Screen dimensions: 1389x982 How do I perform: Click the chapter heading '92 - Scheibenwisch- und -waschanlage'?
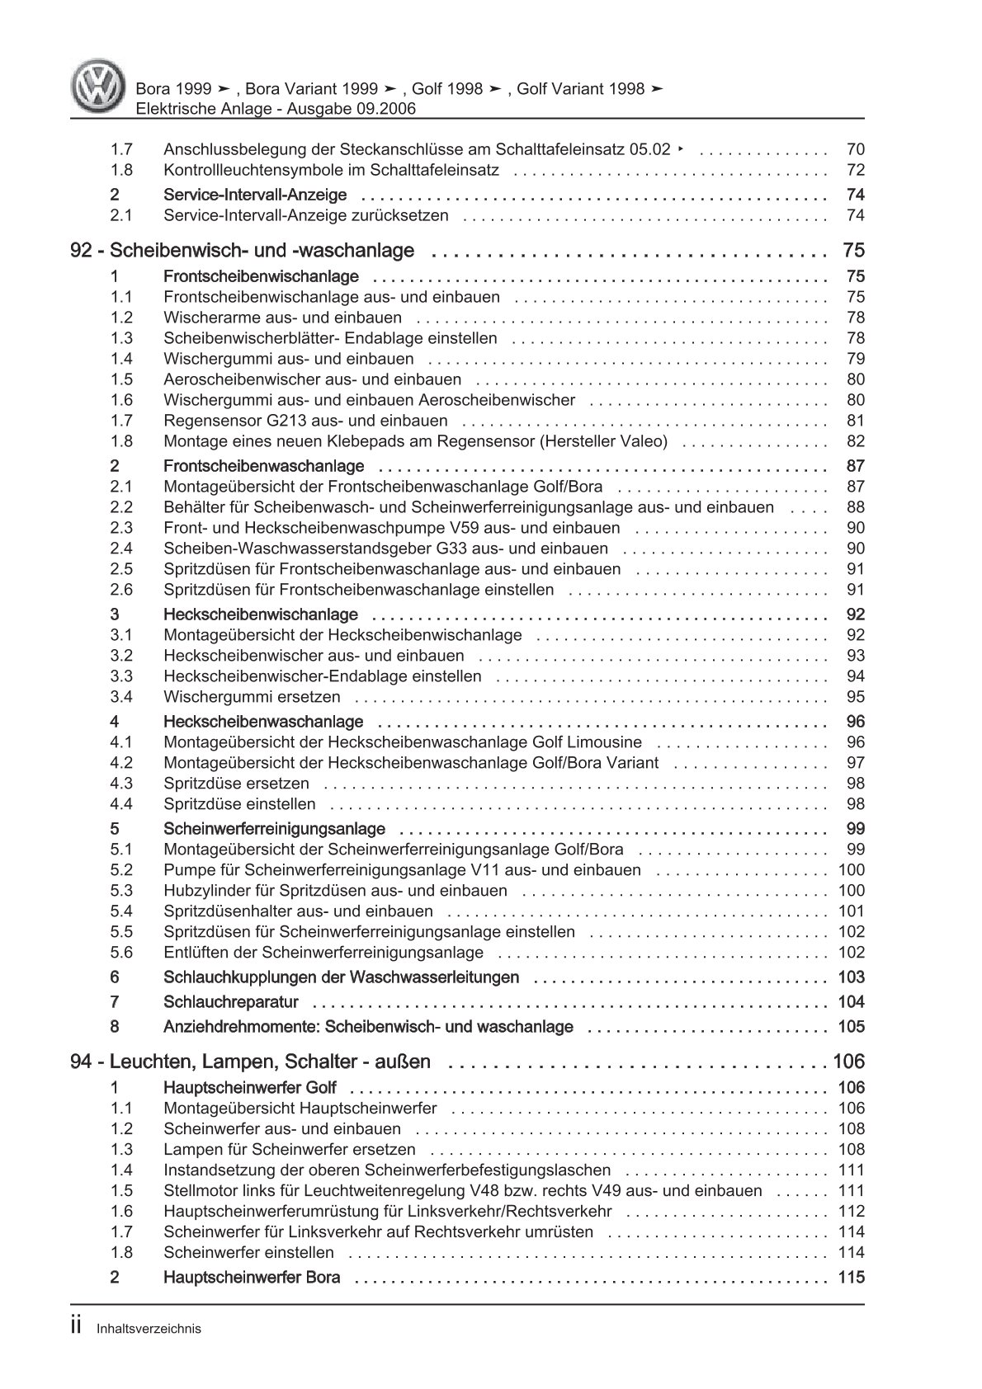(x=243, y=251)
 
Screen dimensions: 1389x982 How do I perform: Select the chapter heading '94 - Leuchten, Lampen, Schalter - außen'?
(x=251, y=1062)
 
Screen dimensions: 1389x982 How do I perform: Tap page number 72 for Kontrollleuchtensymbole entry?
(x=855, y=171)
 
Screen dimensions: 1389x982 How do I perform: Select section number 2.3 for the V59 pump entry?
(x=121, y=528)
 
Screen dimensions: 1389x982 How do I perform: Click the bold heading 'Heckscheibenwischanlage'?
(x=261, y=614)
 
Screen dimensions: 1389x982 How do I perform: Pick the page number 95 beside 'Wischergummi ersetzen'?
(x=855, y=697)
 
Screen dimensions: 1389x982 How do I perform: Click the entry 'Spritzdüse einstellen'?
(x=239, y=804)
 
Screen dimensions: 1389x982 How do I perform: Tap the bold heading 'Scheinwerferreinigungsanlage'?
(x=275, y=829)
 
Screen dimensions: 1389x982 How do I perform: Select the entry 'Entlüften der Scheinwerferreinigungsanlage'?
(x=323, y=953)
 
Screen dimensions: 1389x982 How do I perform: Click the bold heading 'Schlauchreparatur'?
(x=231, y=1002)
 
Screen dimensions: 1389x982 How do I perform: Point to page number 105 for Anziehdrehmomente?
(x=851, y=1027)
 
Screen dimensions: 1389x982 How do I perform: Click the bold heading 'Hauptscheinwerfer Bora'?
(x=252, y=1278)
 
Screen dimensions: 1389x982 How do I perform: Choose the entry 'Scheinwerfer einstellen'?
(x=248, y=1253)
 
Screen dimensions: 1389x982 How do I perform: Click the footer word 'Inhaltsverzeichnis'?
(x=149, y=1329)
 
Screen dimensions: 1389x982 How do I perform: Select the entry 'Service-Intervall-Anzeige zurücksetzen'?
(x=306, y=216)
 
